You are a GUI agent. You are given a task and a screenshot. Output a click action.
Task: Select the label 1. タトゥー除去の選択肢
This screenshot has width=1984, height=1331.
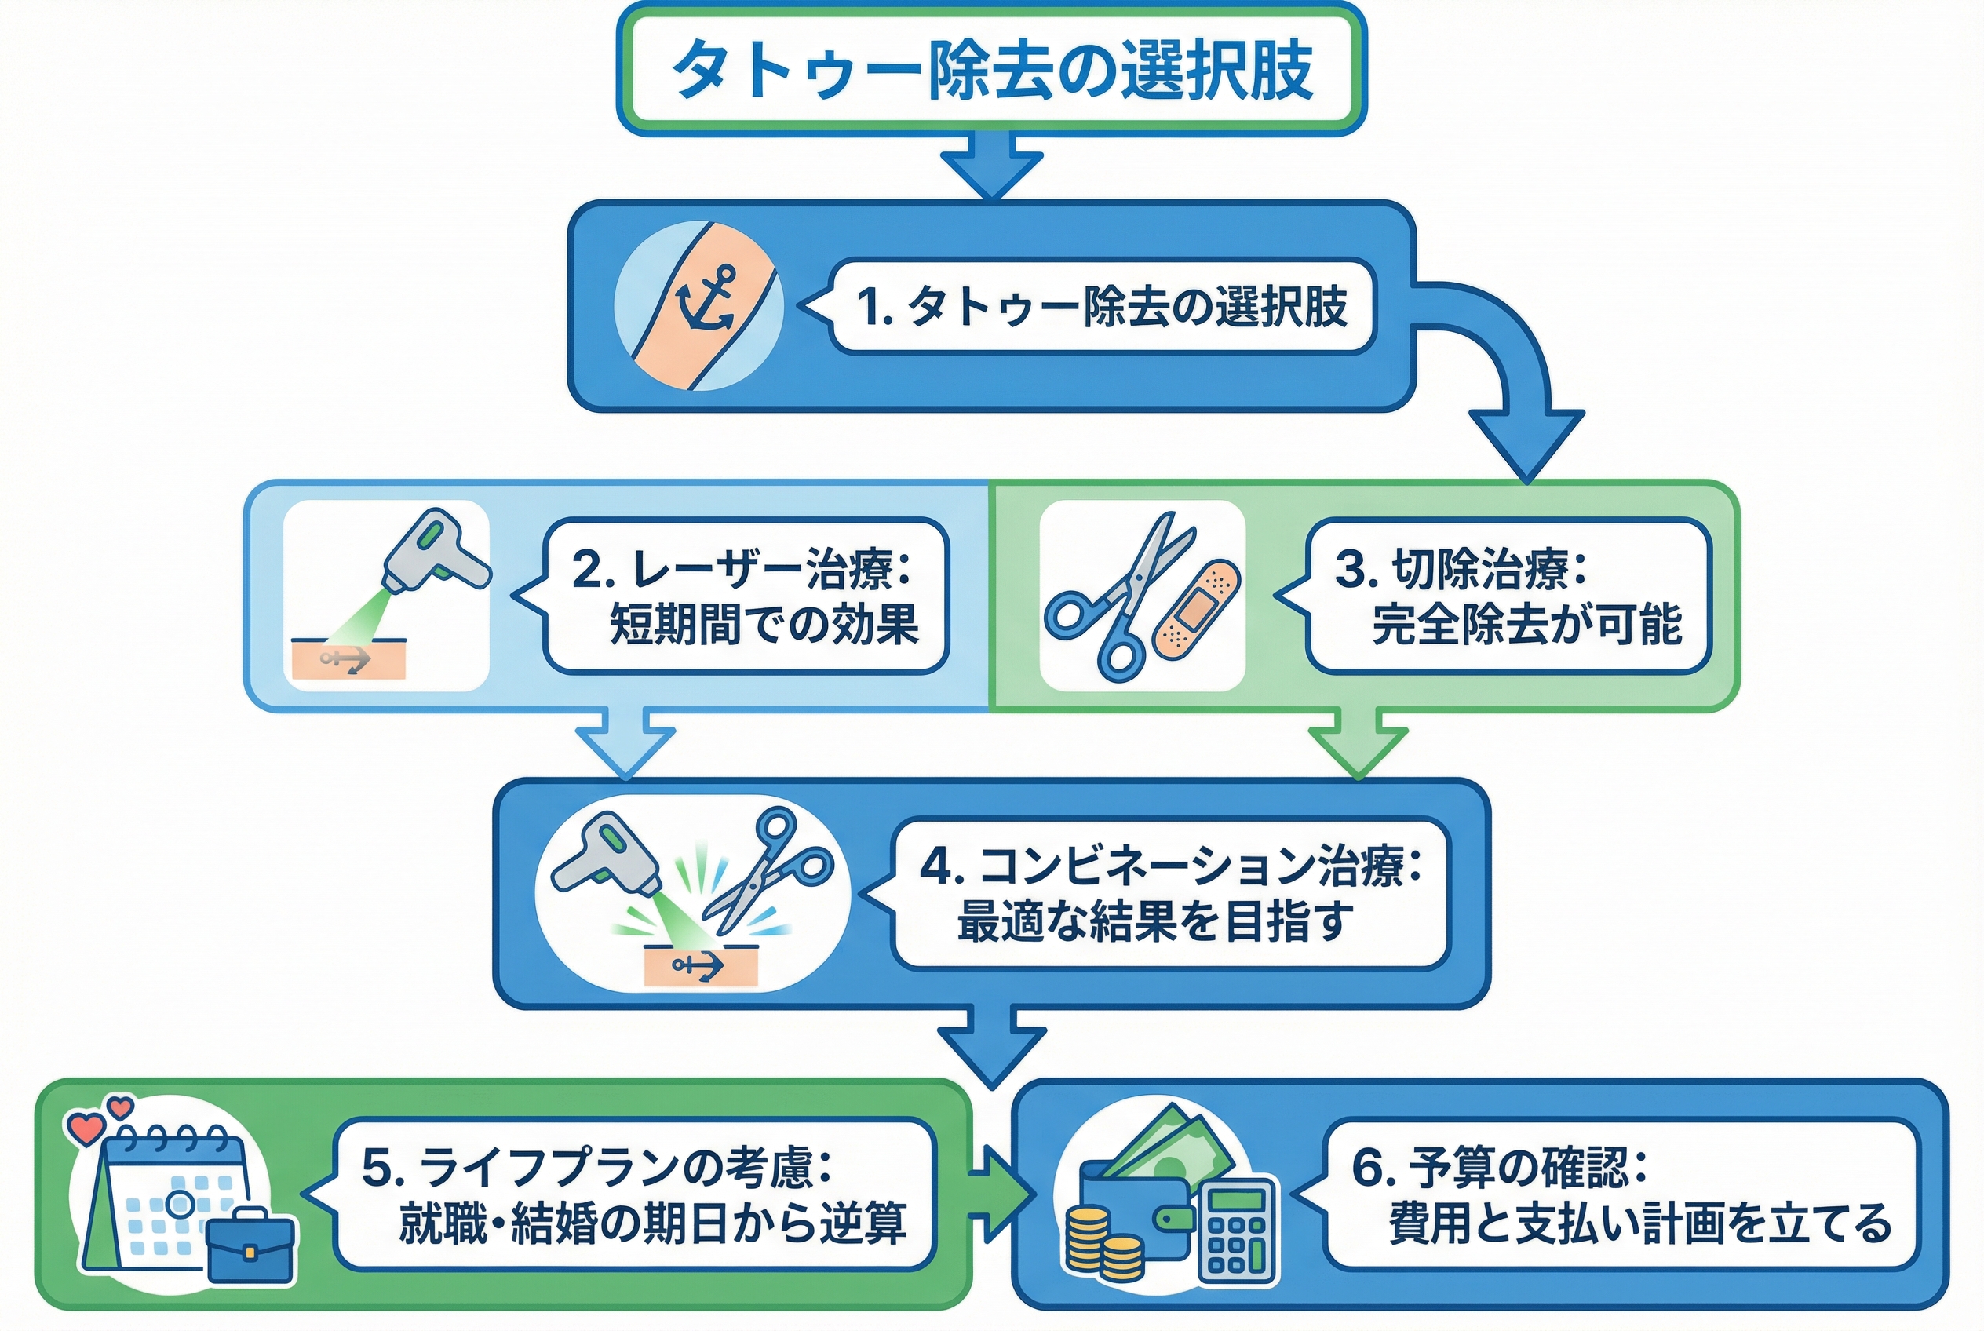tap(1101, 306)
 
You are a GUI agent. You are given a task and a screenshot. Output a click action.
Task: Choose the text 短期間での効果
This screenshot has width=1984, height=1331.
tap(764, 625)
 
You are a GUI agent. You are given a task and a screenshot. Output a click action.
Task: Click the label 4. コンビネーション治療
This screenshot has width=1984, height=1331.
tap(1170, 866)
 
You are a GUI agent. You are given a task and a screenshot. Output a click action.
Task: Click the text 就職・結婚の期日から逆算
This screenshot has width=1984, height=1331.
tap(652, 1224)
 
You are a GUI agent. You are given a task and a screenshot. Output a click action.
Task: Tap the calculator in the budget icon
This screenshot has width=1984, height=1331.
tap(1237, 1229)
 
